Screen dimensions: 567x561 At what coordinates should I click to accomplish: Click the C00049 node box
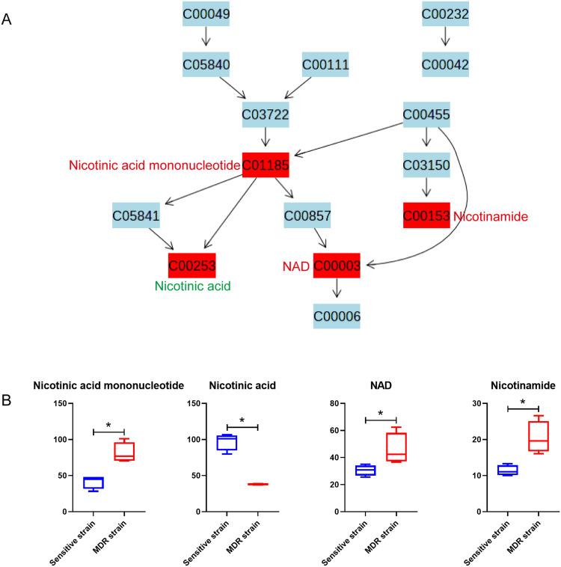(x=206, y=13)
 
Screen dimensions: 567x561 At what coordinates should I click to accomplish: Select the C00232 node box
(x=445, y=13)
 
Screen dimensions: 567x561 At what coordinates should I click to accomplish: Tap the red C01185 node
(x=265, y=165)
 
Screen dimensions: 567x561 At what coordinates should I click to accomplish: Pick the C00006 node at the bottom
(x=337, y=317)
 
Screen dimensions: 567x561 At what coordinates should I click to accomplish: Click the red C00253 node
(x=192, y=265)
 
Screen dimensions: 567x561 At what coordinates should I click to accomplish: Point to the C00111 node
(x=325, y=64)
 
